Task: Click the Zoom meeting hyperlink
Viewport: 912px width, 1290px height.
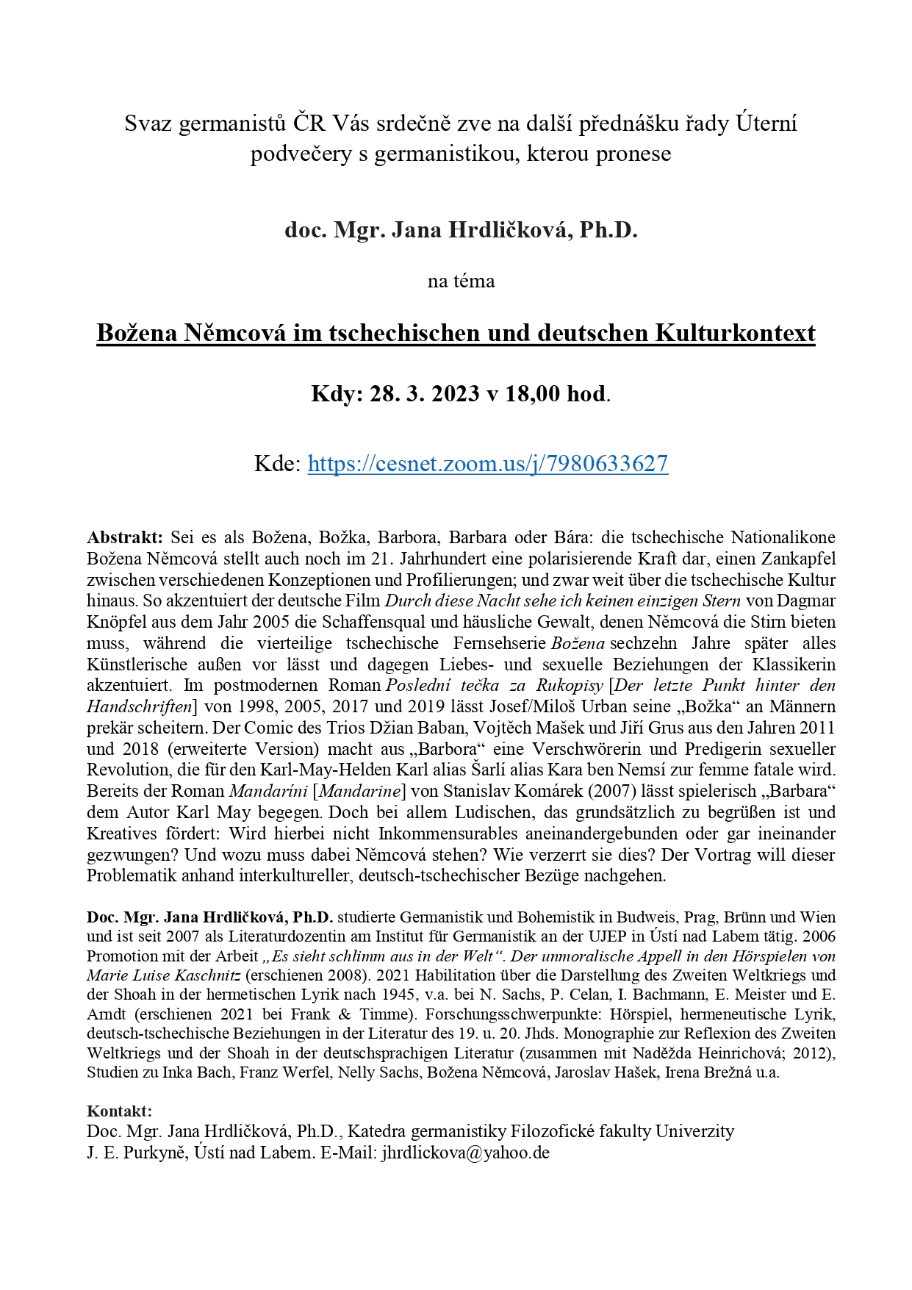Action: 487,464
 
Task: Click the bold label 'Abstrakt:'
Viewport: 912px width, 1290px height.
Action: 124,537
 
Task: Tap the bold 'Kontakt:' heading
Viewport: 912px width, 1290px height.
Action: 119,1111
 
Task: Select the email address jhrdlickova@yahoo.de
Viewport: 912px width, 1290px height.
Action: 465,1152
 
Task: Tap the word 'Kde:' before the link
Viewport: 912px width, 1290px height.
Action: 277,464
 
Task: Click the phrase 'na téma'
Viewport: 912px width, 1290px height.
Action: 461,281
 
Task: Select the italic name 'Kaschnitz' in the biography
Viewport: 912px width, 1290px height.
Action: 203,975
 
